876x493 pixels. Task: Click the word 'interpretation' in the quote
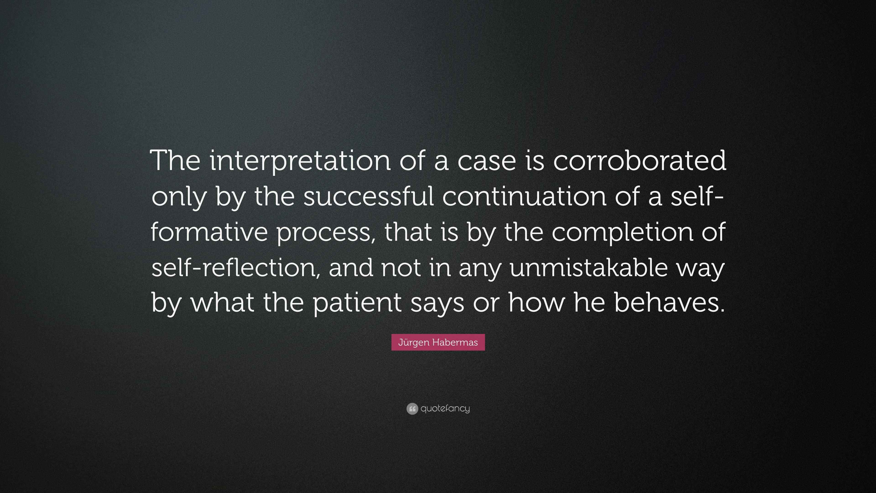tap(300, 161)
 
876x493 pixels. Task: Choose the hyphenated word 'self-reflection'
tap(233, 267)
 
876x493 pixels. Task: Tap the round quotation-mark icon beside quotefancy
tap(412, 409)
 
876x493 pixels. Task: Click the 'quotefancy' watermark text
tap(445, 409)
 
